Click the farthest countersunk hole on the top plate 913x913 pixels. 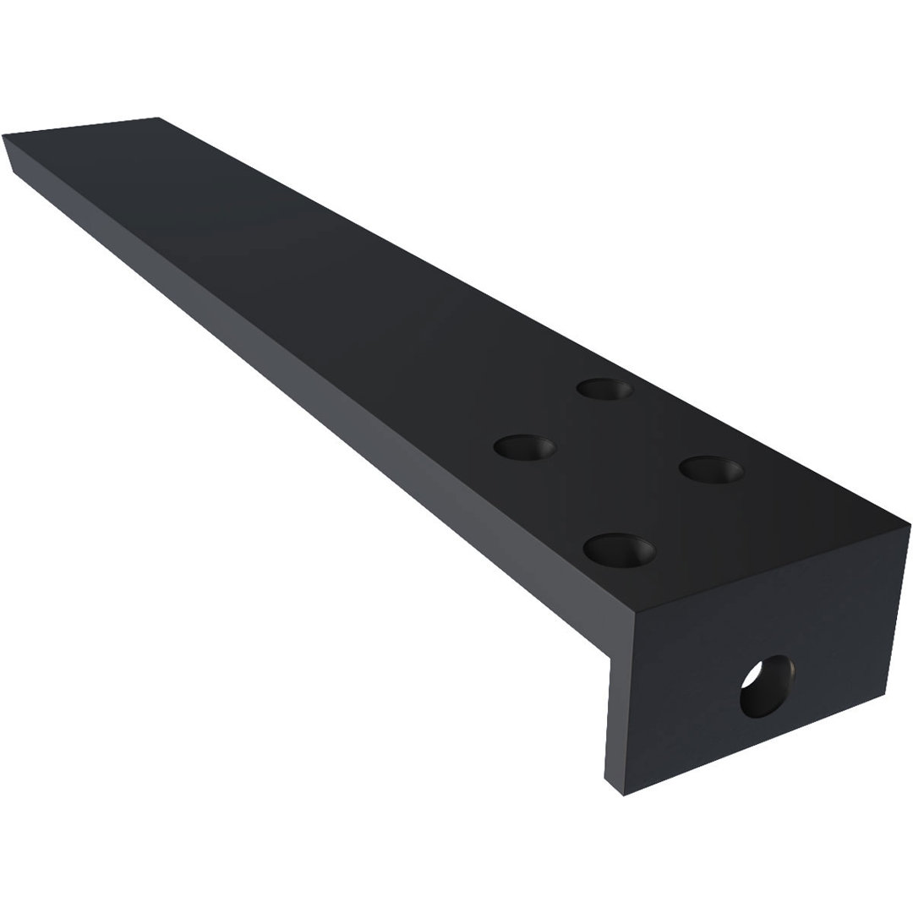[604, 390]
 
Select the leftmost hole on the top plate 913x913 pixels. [524, 446]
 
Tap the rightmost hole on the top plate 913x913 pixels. [711, 470]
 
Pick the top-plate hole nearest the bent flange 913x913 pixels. [620, 550]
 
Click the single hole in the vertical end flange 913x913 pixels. [767, 686]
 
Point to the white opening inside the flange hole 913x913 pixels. [752, 675]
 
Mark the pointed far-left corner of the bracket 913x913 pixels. [4, 136]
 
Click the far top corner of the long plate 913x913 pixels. [158, 118]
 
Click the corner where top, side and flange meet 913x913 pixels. [634, 611]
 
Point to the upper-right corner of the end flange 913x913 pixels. [910, 525]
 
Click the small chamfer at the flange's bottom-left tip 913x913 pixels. [613, 787]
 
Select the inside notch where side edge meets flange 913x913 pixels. [609, 657]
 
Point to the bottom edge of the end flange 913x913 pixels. [752, 744]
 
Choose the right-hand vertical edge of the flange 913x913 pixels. [897, 609]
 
